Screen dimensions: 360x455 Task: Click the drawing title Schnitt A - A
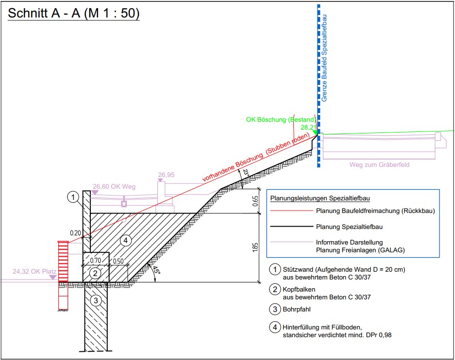pos(73,13)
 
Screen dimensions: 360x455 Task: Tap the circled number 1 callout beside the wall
pos(73,196)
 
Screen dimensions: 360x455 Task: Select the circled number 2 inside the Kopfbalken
pos(96,273)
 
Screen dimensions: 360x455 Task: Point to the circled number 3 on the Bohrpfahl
pos(96,301)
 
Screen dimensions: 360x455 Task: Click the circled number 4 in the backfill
pos(125,240)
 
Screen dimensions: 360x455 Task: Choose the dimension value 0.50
pos(118,261)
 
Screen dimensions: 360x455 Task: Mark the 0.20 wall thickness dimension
pos(75,233)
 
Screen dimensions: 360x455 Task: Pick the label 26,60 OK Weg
pos(114,186)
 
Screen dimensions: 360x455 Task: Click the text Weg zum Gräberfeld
pos(379,164)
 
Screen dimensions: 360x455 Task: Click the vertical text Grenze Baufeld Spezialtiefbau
pos(324,58)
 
